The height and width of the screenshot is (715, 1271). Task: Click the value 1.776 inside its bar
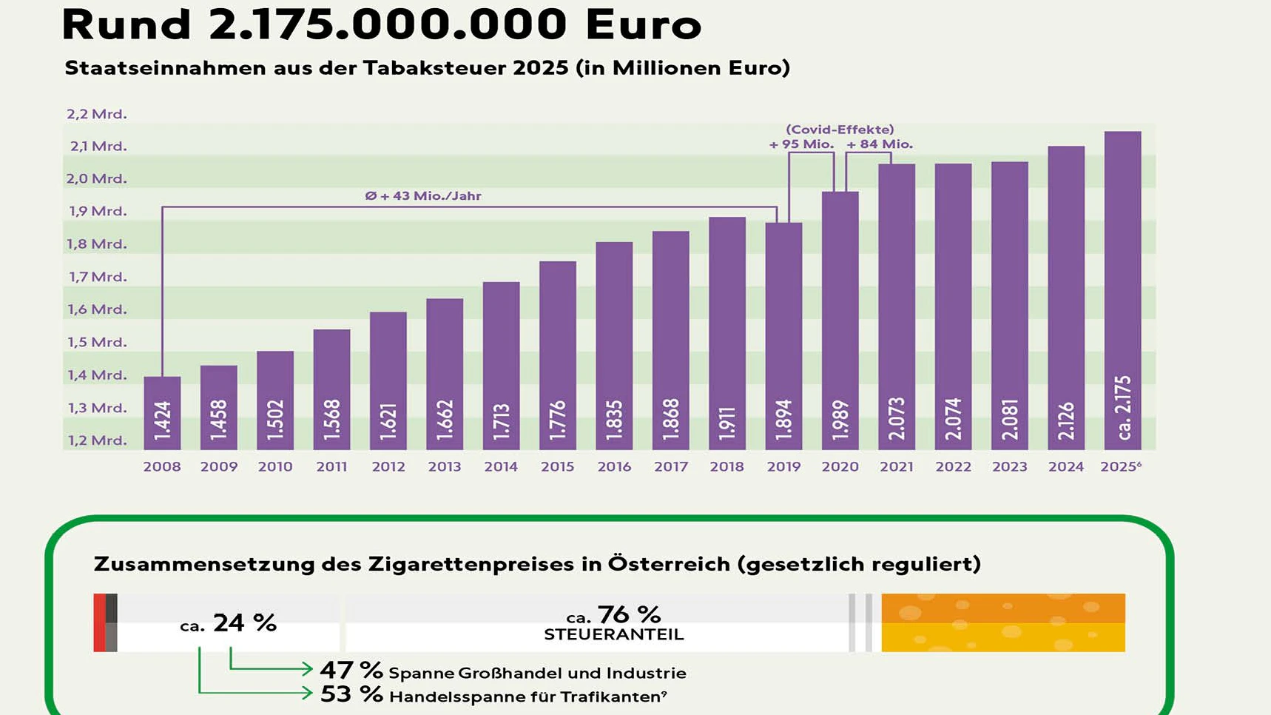(558, 420)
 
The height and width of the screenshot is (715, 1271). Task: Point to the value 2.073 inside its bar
(897, 418)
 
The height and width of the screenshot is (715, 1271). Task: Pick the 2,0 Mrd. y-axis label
(97, 179)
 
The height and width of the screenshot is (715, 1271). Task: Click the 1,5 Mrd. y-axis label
(97, 343)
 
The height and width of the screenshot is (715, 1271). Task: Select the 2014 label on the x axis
(501, 467)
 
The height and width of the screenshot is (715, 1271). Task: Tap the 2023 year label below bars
(1009, 467)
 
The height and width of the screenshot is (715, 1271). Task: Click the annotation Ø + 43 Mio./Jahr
(423, 196)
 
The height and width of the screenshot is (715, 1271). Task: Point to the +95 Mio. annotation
(801, 144)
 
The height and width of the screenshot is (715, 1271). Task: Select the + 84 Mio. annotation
(880, 144)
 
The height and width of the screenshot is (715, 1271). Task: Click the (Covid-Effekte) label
(840, 130)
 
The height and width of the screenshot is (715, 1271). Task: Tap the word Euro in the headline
(643, 24)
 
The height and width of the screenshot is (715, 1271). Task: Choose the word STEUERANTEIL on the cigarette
(613, 635)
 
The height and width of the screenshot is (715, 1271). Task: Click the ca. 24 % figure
(229, 623)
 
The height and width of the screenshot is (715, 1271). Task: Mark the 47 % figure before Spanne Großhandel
(351, 671)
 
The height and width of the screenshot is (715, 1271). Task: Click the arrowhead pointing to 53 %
(308, 694)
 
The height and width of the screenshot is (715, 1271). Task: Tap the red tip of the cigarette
(99, 622)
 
